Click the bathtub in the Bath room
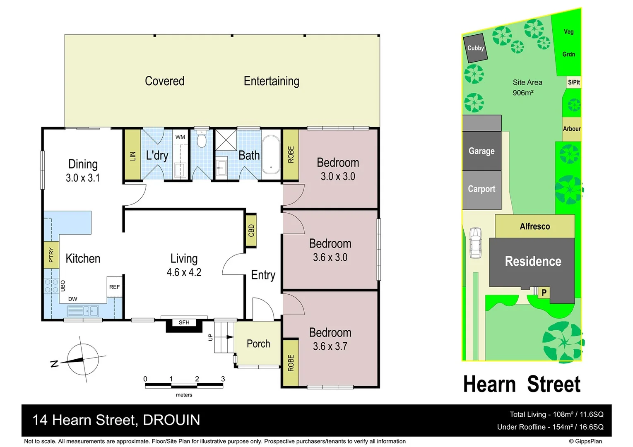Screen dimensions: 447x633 (x=271, y=154)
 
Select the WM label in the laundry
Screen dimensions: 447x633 (x=180, y=137)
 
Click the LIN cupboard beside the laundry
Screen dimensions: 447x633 (x=132, y=155)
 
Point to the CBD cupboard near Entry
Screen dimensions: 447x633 (x=251, y=231)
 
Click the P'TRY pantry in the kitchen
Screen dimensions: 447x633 (x=51, y=255)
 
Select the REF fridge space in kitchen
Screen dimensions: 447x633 (x=114, y=287)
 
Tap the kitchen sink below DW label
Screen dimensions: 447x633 (x=83, y=310)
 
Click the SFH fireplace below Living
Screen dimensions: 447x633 (x=184, y=322)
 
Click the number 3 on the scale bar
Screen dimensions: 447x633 (x=223, y=379)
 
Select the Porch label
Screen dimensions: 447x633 (x=258, y=344)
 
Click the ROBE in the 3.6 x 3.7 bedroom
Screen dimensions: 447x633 (x=291, y=363)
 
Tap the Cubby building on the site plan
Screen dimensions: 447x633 (x=475, y=48)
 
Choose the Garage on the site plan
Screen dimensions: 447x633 (x=481, y=151)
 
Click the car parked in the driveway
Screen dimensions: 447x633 (x=476, y=243)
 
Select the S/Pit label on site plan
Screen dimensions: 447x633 (x=574, y=82)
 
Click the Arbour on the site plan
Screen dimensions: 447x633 (x=571, y=129)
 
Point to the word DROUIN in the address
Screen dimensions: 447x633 (x=171, y=420)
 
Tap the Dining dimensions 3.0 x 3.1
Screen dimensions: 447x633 (x=83, y=178)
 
